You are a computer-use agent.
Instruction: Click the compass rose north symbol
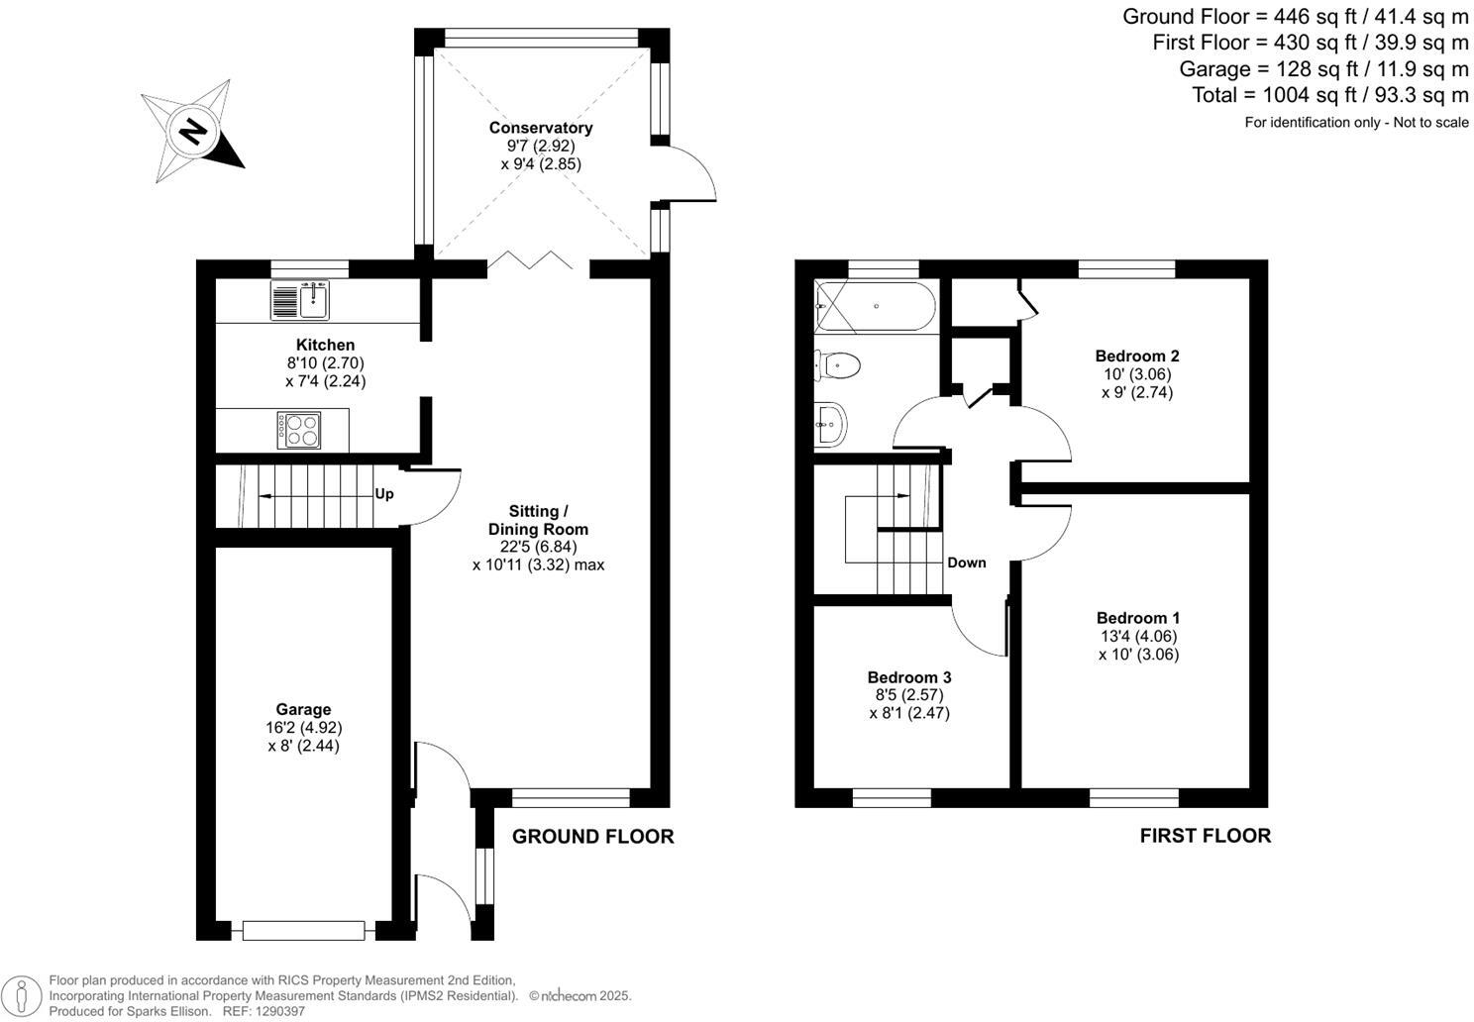click(193, 131)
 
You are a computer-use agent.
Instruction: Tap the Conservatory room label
click(540, 128)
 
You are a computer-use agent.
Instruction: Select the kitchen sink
click(300, 301)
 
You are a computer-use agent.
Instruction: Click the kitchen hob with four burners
click(299, 430)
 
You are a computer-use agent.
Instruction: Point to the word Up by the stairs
click(384, 493)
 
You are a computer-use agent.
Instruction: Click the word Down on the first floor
click(966, 562)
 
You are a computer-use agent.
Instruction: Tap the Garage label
click(303, 709)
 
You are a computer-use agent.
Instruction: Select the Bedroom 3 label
click(908, 677)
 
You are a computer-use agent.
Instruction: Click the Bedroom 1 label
click(1137, 618)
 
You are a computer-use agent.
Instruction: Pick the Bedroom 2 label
click(1136, 356)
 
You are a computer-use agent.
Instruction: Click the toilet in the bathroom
click(837, 365)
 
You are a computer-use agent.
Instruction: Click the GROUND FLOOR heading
click(592, 837)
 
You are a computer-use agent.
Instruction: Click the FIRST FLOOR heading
click(1205, 836)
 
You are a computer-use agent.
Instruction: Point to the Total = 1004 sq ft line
click(1329, 95)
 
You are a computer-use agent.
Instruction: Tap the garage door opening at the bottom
click(303, 931)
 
